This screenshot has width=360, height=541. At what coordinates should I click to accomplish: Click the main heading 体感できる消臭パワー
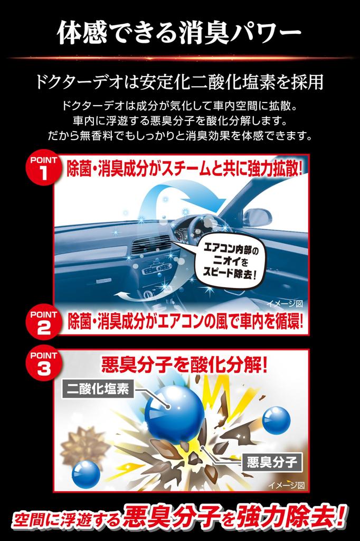click(x=179, y=33)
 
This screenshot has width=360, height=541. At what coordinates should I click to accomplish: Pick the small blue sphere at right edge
click(x=276, y=420)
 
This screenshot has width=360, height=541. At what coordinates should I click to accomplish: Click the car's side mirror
click(x=257, y=217)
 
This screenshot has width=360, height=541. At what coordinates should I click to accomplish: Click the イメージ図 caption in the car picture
click(x=286, y=304)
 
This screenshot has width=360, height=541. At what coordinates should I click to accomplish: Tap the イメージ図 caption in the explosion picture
click(x=286, y=485)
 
